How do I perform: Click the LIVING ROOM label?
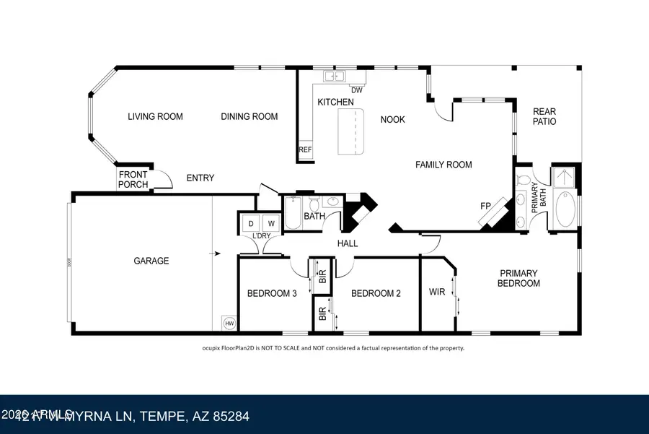coord(155,116)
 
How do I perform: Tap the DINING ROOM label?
coord(249,116)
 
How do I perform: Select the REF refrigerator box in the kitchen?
coord(305,150)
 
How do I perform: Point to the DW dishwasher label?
coord(356,90)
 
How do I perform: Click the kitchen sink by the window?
coord(335,76)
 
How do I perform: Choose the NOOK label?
coord(392,119)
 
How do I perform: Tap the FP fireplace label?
coord(486,206)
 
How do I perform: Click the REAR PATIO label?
coord(544,116)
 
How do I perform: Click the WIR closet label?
coord(437,292)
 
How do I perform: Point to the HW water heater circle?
coord(229,324)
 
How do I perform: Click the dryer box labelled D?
coord(252,224)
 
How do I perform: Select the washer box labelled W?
coord(271,224)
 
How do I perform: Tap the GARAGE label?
coord(151,261)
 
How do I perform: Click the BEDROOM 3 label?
coord(271,293)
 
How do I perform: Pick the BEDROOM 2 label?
coord(376,293)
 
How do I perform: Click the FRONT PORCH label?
coord(133,179)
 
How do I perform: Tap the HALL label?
coord(348,243)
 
